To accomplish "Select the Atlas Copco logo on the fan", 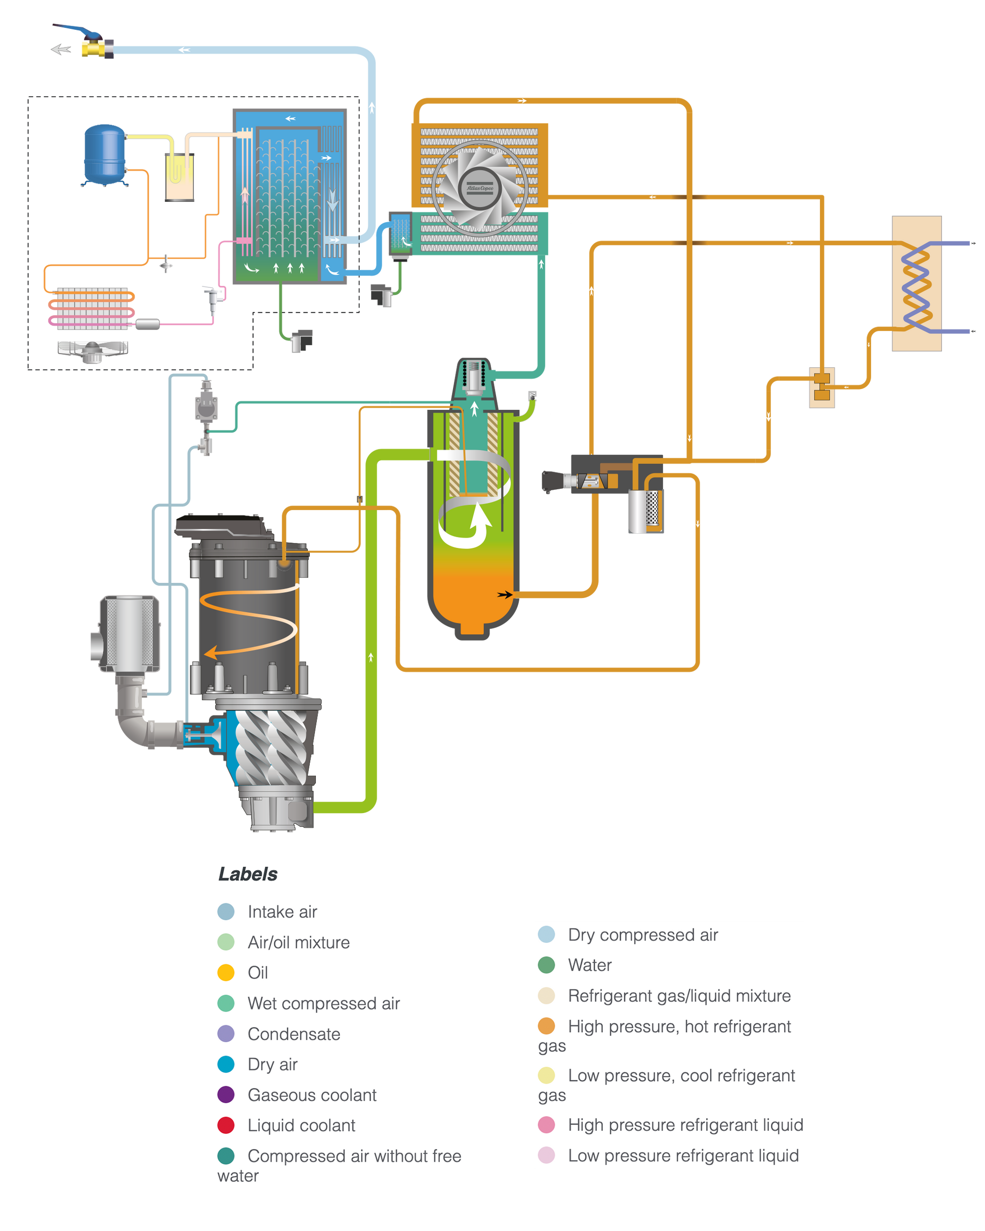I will (x=480, y=188).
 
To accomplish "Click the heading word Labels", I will (x=248, y=874).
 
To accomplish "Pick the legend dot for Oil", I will (x=226, y=972).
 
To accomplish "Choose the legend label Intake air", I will (x=282, y=912).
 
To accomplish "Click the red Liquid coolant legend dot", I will (x=226, y=1125).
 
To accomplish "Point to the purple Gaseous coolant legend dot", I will (x=226, y=1094).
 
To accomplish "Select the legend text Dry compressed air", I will (x=643, y=935).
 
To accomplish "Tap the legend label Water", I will (x=590, y=965).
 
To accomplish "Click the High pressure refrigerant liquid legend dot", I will (x=546, y=1125).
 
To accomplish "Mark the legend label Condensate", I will (x=294, y=1034).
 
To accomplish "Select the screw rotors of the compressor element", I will (x=272, y=748).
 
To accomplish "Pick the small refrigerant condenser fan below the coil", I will (x=93, y=351).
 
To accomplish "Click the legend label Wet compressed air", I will (x=323, y=1003).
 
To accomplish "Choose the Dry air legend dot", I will (x=226, y=1064).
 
